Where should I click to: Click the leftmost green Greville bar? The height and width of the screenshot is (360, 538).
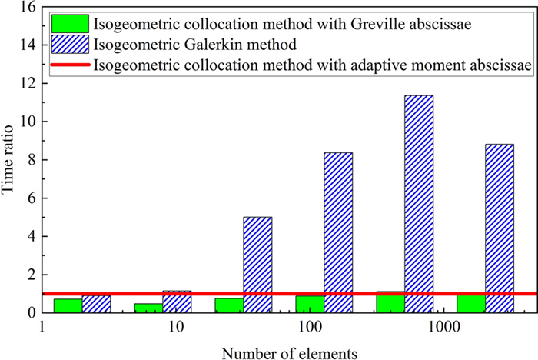coord(68,305)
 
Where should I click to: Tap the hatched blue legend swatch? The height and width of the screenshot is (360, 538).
coord(67,44)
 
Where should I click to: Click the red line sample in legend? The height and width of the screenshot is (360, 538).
coord(67,65)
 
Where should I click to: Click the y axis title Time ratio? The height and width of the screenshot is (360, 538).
coord(10,160)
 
